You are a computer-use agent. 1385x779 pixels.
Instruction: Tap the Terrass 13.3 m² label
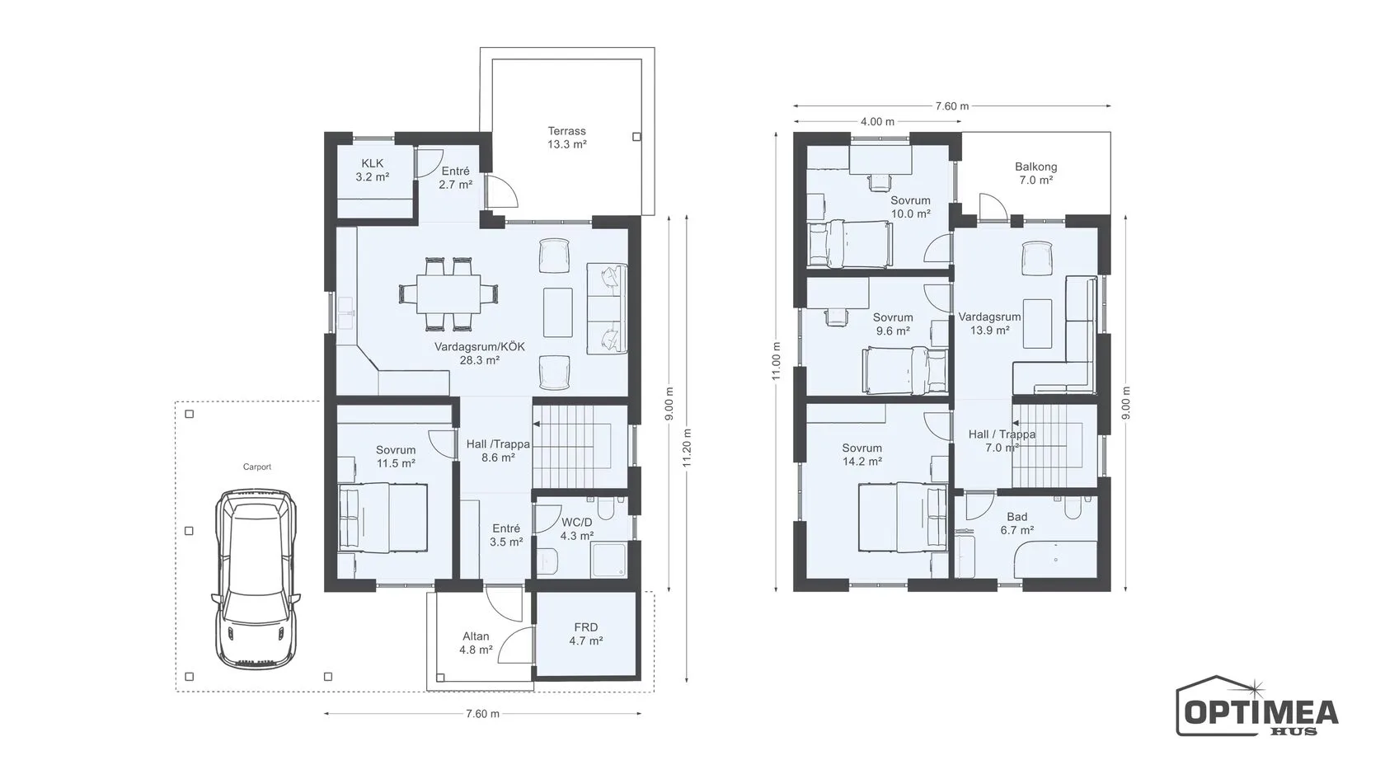[566, 138]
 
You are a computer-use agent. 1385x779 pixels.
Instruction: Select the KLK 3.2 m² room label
[373, 170]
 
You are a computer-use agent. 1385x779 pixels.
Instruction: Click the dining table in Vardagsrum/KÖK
[448, 293]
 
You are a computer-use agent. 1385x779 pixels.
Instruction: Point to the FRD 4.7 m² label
[585, 635]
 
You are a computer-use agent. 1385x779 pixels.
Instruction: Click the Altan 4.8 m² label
[476, 643]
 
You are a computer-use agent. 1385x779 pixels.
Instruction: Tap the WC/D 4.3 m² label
[577, 529]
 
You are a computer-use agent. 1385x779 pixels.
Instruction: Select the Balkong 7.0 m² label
[1035, 173]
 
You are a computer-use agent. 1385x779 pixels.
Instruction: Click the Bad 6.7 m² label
[1017, 523]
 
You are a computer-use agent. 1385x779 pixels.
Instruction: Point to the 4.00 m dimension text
[877, 122]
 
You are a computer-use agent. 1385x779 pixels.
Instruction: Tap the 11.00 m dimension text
[777, 361]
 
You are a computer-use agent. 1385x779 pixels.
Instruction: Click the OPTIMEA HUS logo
[1257, 706]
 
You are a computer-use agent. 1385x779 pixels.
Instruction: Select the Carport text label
[256, 467]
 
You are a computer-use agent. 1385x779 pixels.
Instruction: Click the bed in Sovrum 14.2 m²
[903, 517]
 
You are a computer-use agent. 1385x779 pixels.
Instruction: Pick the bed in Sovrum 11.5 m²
[383, 518]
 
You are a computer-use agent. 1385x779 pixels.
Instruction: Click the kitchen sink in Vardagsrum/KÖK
[345, 313]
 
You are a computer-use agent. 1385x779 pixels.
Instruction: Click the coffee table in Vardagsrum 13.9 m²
[1037, 324]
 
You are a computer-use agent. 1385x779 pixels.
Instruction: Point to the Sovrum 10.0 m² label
[910, 207]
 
